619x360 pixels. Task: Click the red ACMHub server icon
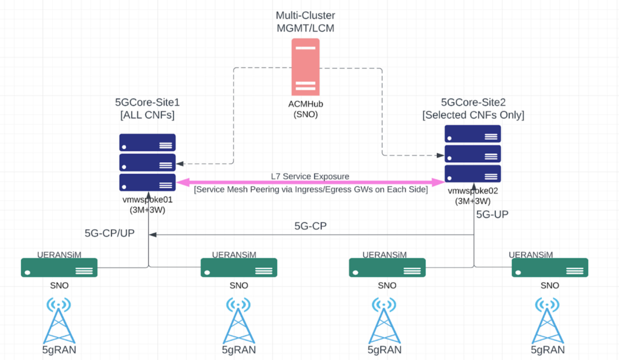coord(305,67)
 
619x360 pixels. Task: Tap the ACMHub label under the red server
coord(305,104)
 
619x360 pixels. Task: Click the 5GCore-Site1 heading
coord(147,102)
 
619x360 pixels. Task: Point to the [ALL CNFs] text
coord(147,115)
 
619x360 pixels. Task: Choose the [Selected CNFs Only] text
coord(473,115)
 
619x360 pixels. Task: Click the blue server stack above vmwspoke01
coord(147,162)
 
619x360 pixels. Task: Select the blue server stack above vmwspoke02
coord(472,154)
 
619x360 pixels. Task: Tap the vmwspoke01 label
coord(147,199)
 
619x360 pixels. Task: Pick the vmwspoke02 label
coord(473,191)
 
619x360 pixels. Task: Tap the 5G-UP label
coord(492,214)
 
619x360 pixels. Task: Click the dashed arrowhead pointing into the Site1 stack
coord(180,163)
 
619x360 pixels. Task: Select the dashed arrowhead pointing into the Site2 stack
coord(440,156)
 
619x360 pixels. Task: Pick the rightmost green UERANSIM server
coord(549,267)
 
